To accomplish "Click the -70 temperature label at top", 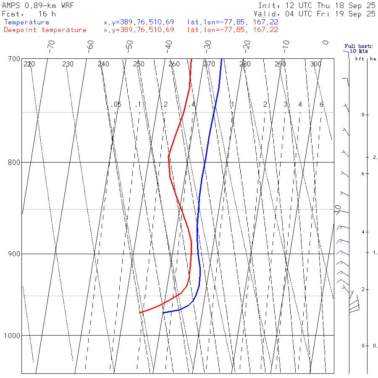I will click(x=51, y=45).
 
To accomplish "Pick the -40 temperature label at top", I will click(x=168, y=45).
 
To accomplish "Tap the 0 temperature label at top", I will click(x=325, y=42).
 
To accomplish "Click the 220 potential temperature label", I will click(x=29, y=64).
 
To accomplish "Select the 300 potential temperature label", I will click(x=315, y=64).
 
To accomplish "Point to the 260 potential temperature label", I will click(x=174, y=64).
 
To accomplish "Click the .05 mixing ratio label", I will click(x=117, y=104).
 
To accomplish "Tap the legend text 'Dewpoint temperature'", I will click(x=45, y=30).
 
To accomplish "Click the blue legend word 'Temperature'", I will click(x=26, y=22).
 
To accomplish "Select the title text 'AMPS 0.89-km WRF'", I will click(x=38, y=6).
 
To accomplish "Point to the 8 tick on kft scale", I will click(x=356, y=115).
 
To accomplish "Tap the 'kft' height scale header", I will click(x=360, y=59).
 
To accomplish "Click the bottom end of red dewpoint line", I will click(x=140, y=312).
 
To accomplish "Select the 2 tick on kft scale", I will click(x=356, y=289).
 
